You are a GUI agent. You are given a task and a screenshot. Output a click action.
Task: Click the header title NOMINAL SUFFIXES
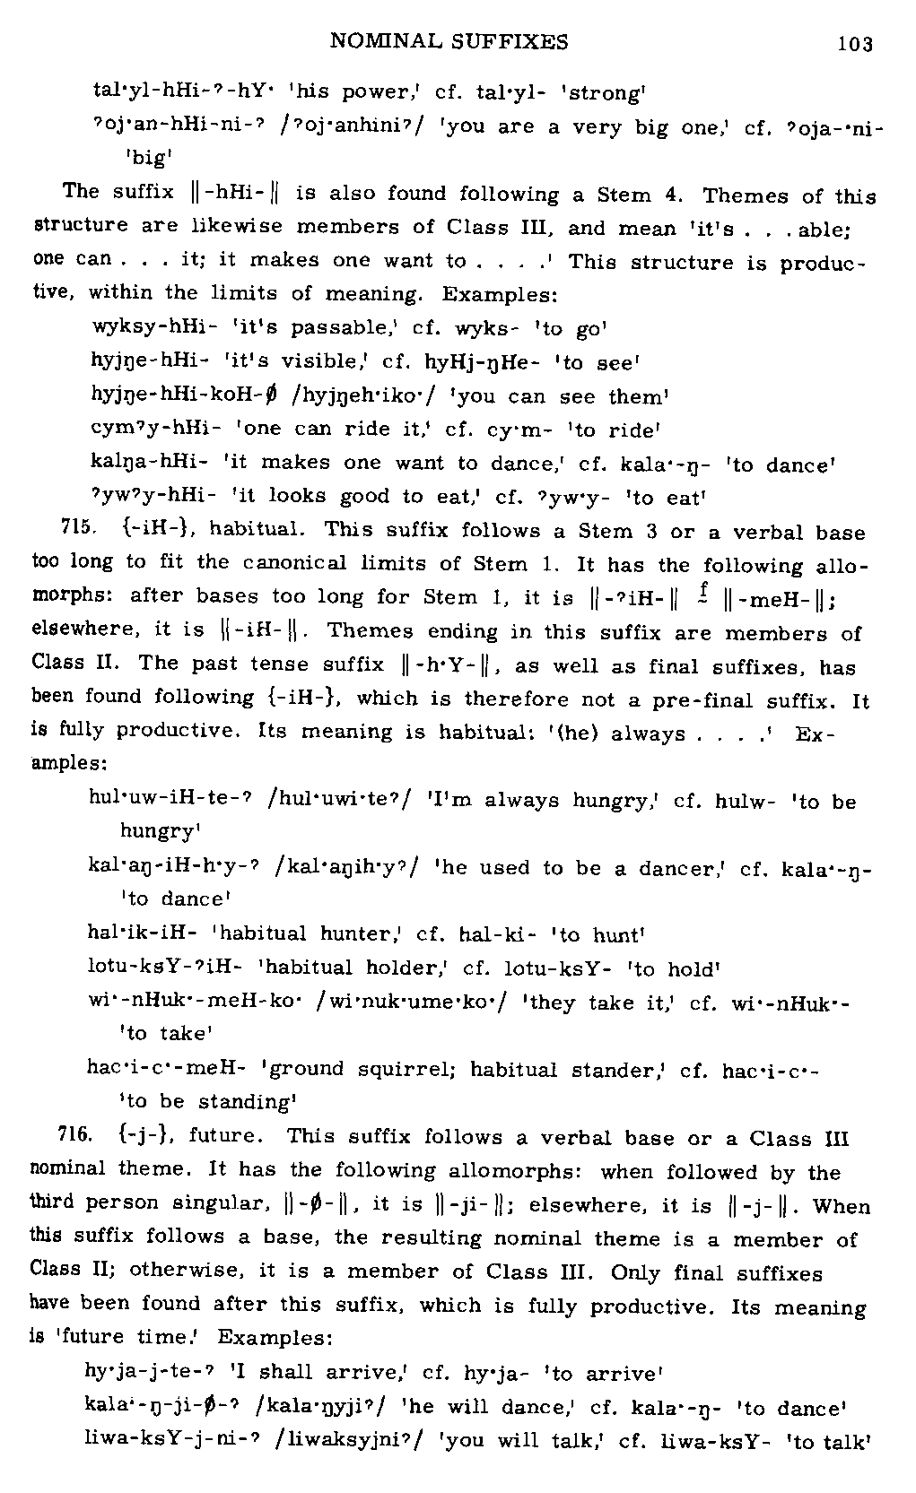[x=449, y=41]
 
